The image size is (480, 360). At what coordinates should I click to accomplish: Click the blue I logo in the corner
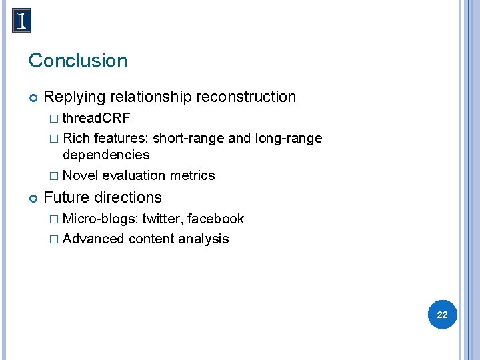pos(22,21)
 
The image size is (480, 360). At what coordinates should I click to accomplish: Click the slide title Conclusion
pos(78,61)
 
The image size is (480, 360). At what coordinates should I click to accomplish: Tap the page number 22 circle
pos(442,315)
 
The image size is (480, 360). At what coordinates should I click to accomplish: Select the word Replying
pos(75,97)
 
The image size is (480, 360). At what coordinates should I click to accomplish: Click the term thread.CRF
pos(97,119)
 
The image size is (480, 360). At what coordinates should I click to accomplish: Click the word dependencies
pos(106,155)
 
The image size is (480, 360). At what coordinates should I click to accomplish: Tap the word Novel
pos(80,176)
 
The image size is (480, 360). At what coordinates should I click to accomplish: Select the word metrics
pos(193,176)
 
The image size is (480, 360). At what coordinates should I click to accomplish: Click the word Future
pos(65,198)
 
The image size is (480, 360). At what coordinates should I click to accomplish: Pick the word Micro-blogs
pos(100,219)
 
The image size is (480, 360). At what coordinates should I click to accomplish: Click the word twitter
pos(162,219)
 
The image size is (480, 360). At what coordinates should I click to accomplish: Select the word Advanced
pos(93,239)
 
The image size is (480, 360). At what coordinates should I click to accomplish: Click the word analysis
pos(204,239)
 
